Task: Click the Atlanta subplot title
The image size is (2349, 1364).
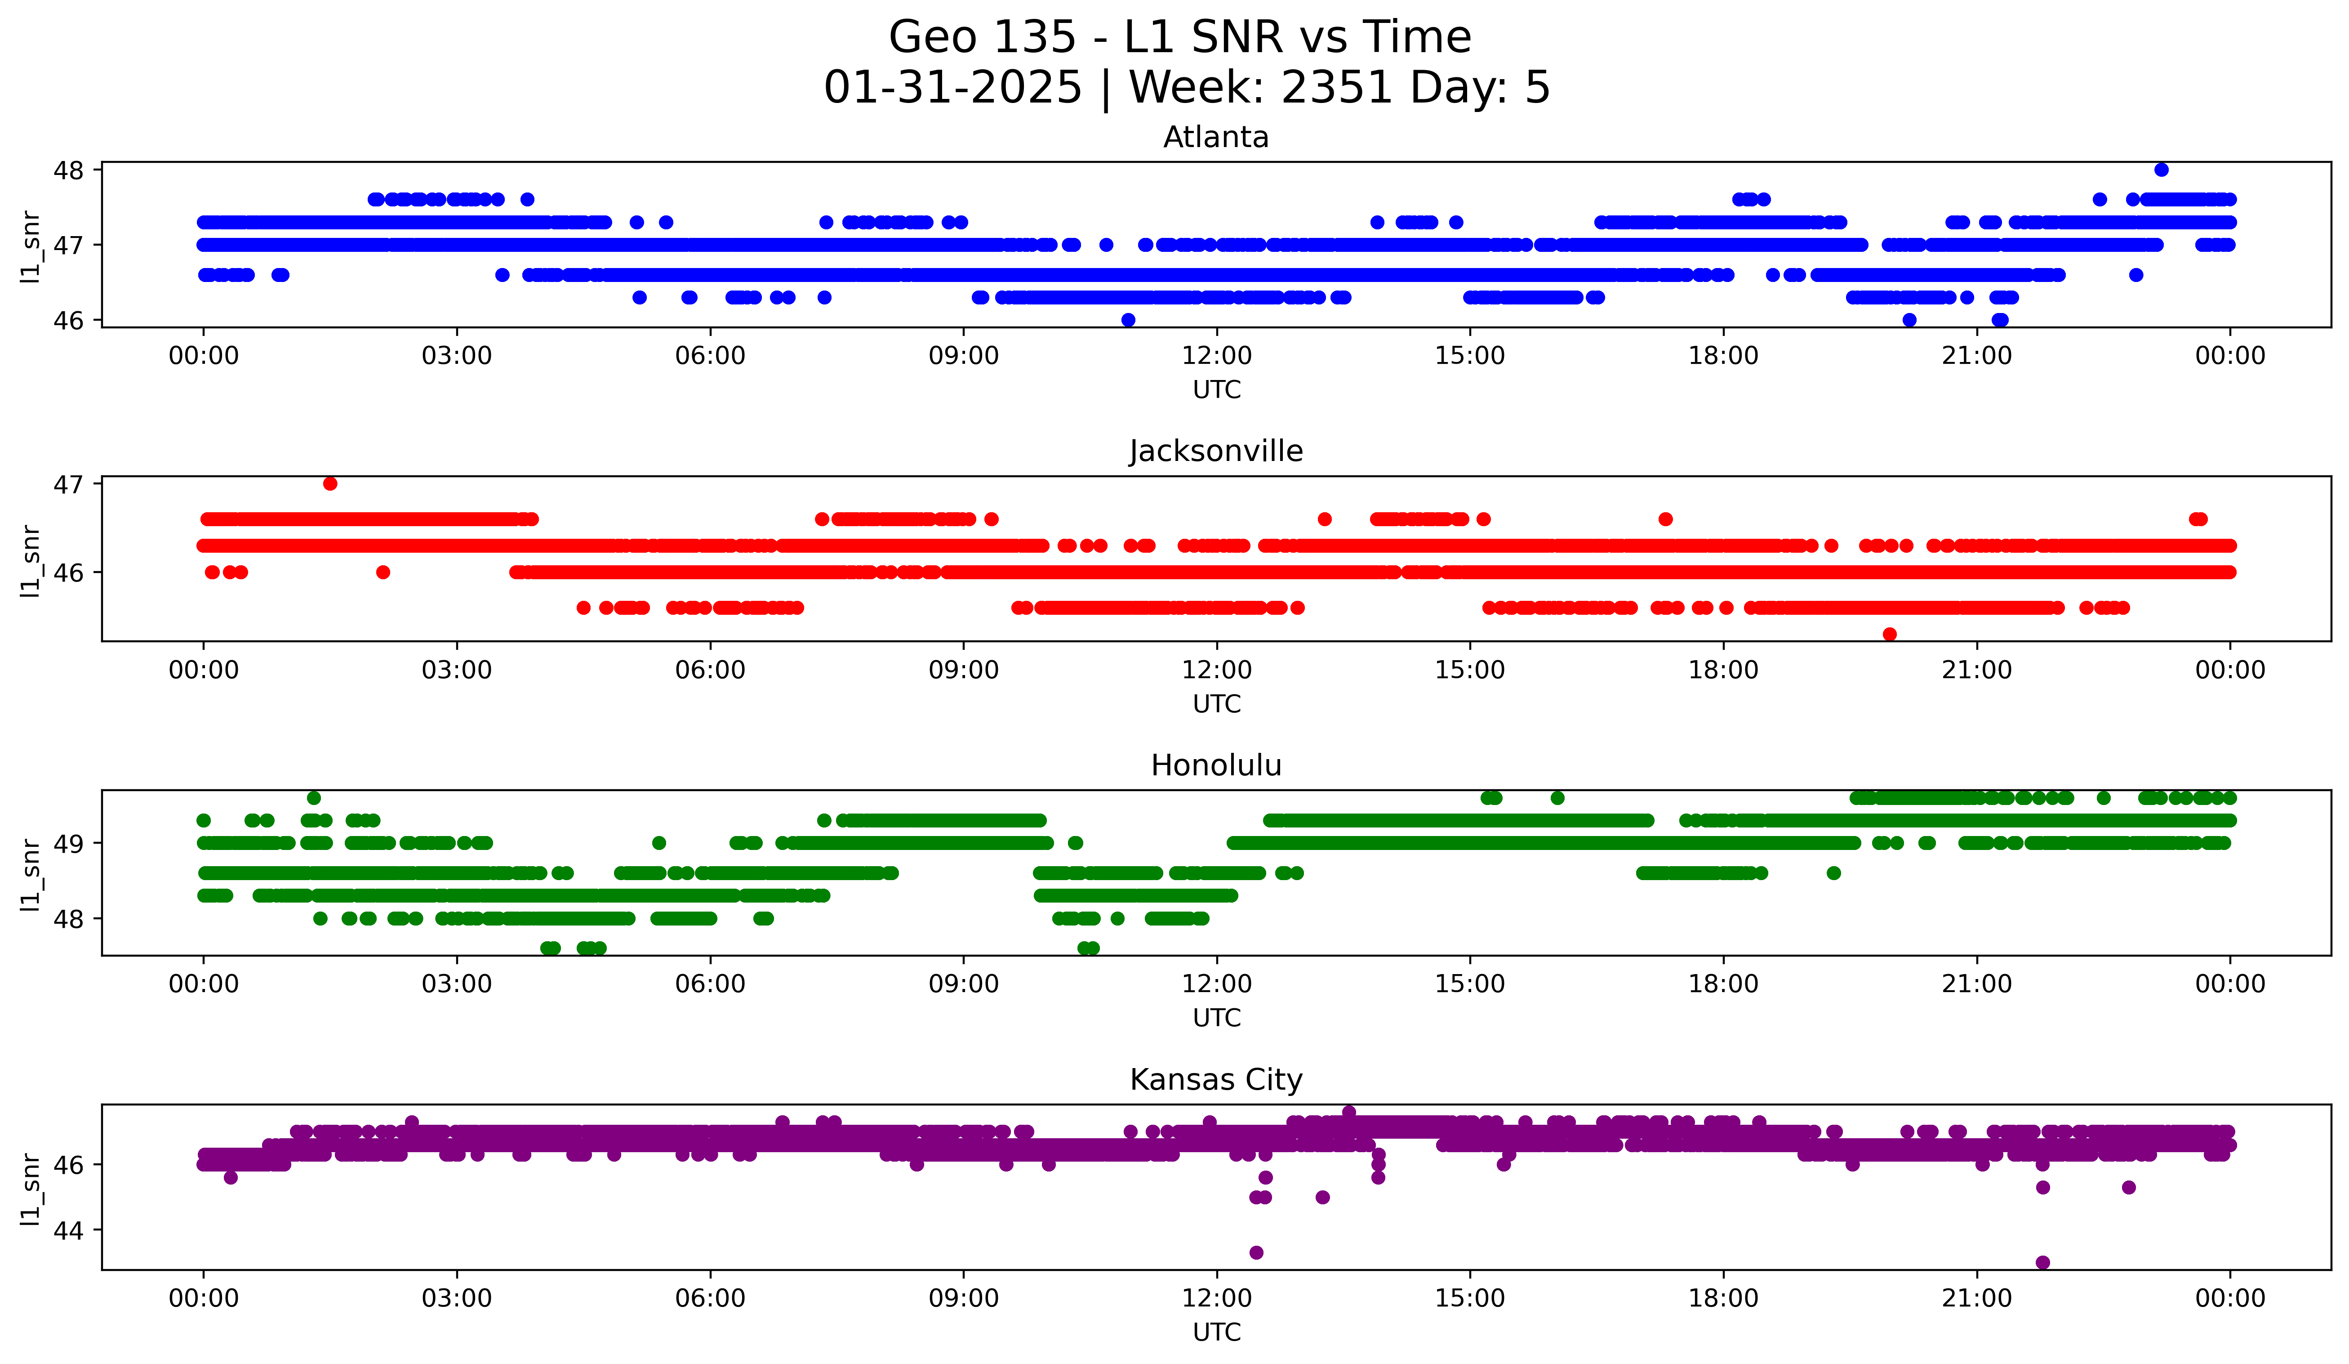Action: tap(1215, 137)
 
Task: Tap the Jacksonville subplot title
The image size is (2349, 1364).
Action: tap(1215, 451)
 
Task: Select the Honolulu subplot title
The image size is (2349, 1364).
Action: tap(1215, 765)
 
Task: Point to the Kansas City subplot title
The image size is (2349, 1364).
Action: tap(1215, 1080)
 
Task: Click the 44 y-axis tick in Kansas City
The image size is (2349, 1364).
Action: tap(69, 1231)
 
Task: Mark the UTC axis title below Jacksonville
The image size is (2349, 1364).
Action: tap(1216, 704)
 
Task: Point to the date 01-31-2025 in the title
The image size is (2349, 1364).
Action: tap(952, 88)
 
